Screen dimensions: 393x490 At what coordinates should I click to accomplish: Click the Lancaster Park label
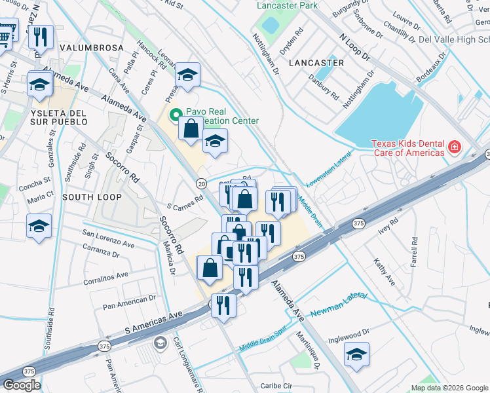[x=287, y=5]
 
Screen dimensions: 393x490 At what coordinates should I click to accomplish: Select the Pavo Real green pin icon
[x=175, y=116]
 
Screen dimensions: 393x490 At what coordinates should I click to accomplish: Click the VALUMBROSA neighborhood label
[x=91, y=48]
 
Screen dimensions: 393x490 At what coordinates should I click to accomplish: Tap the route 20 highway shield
[x=201, y=183]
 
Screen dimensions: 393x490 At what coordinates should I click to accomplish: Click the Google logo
[x=22, y=385]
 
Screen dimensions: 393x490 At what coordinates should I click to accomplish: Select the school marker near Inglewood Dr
[x=357, y=354]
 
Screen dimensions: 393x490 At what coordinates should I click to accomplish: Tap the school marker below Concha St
[x=39, y=226]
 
